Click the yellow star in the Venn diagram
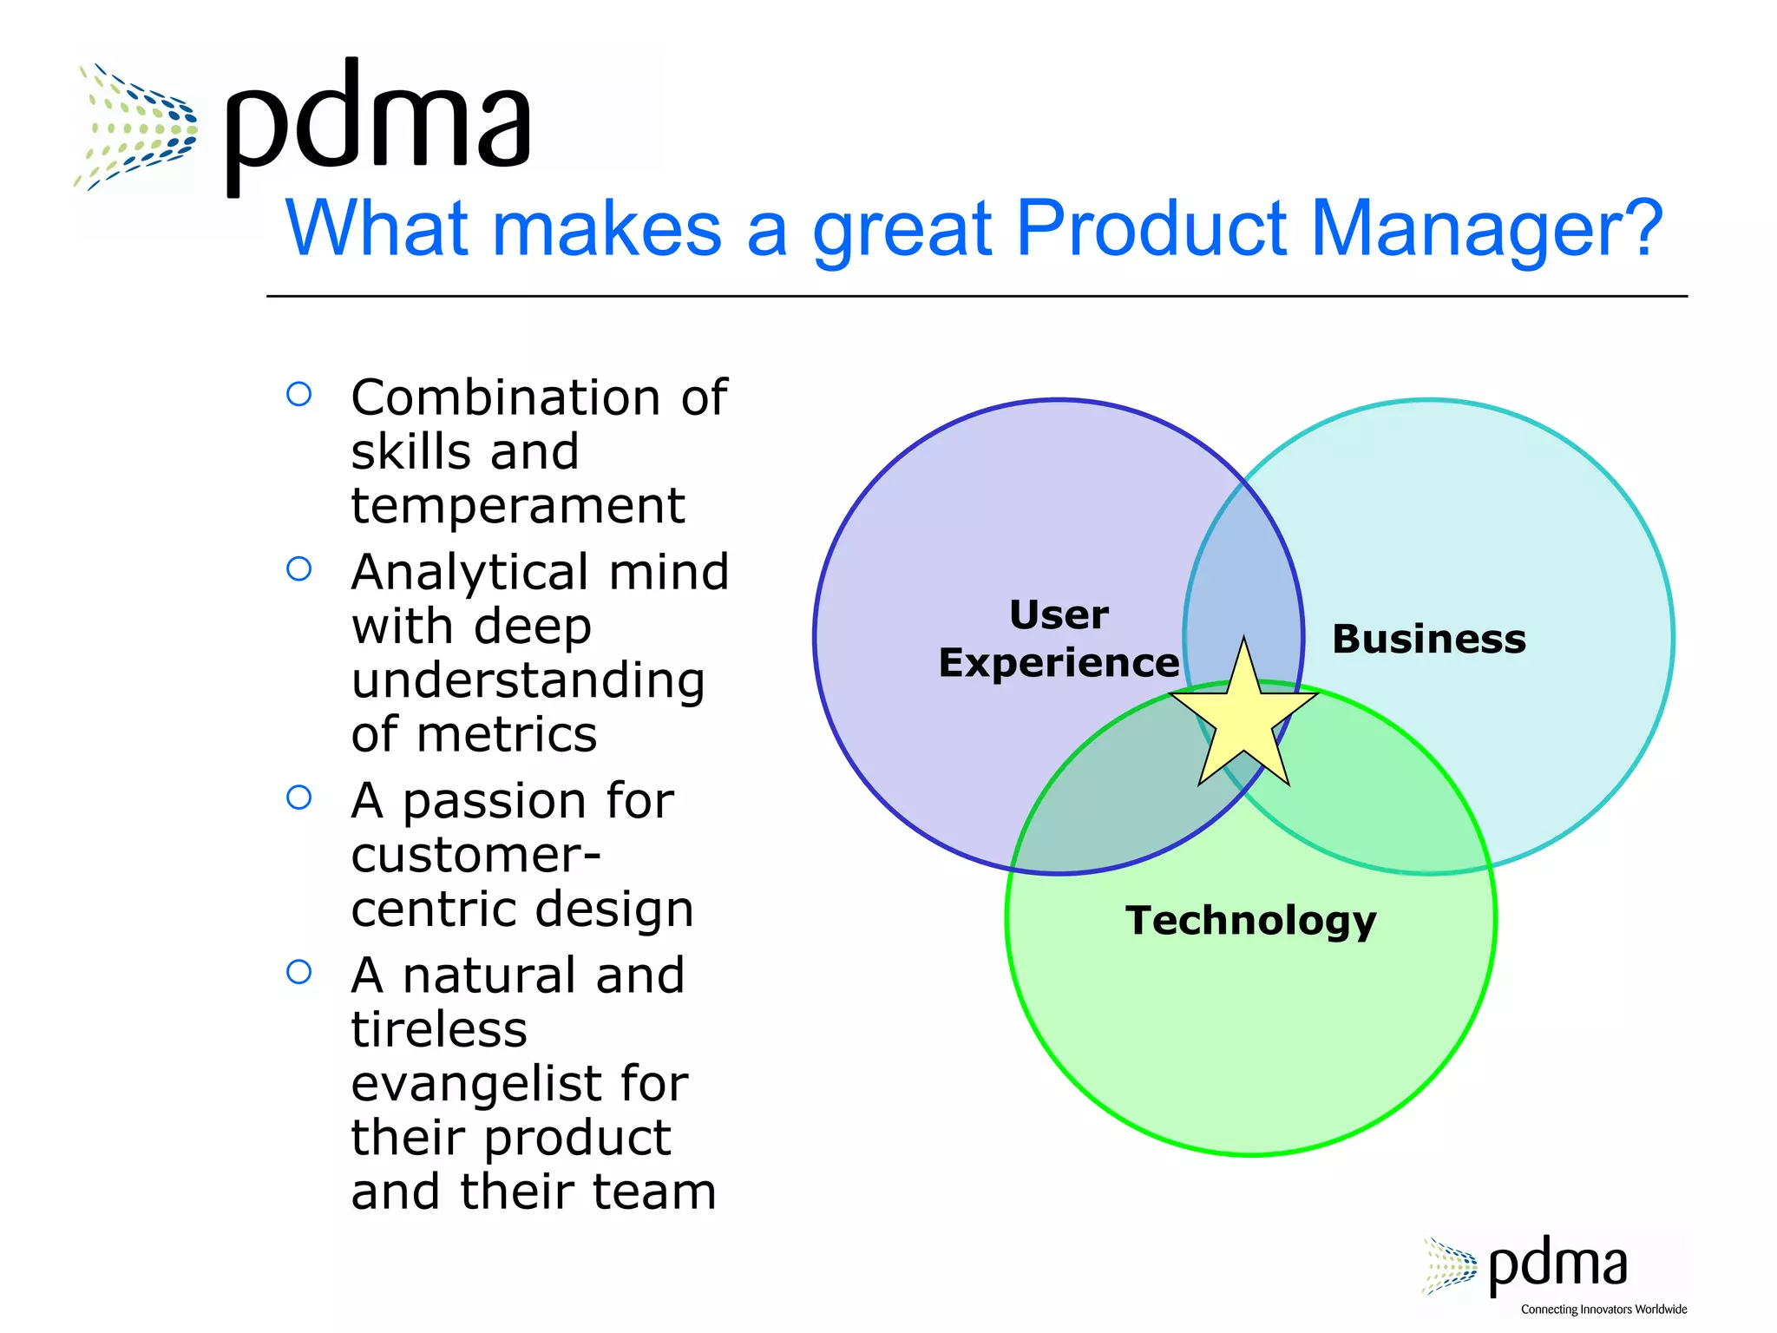click(1243, 717)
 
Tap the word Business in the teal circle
click(1428, 640)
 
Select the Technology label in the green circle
click(1250, 921)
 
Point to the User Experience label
click(1059, 639)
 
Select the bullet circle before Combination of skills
click(299, 395)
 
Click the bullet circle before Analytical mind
click(299, 569)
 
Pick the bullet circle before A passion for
click(299, 798)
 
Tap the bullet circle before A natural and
click(299, 972)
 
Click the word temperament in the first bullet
click(518, 506)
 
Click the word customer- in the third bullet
click(475, 856)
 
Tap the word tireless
click(439, 1030)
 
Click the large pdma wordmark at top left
click(377, 121)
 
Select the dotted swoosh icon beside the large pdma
click(137, 126)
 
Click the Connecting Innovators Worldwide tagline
click(1603, 1310)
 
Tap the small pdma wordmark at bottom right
click(1557, 1266)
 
